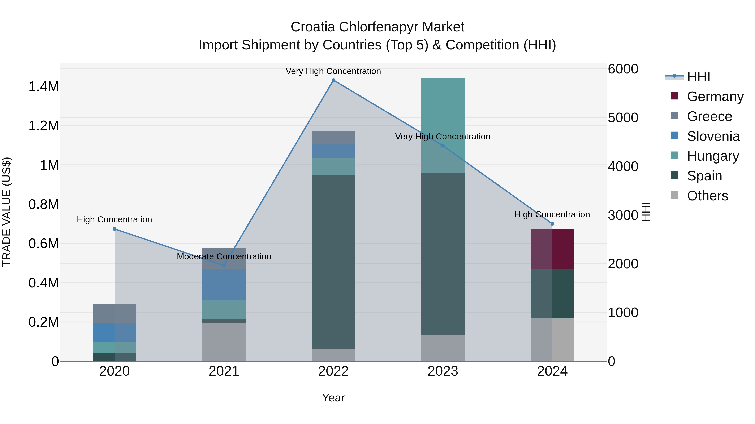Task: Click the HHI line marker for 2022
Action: pyautogui.click(x=333, y=80)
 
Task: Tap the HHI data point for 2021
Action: pyautogui.click(x=224, y=265)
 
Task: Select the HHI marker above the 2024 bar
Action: pyautogui.click(x=552, y=224)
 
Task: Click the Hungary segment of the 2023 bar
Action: pyautogui.click(x=443, y=117)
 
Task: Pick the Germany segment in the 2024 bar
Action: pyautogui.click(x=552, y=249)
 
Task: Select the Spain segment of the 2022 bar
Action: pyautogui.click(x=333, y=262)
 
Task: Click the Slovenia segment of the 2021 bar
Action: pyautogui.click(x=224, y=284)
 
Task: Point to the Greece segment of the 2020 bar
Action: pyautogui.click(x=114, y=314)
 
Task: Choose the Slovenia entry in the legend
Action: pyautogui.click(x=713, y=136)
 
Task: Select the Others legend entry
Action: pyautogui.click(x=707, y=196)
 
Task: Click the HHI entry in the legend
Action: pyautogui.click(x=698, y=77)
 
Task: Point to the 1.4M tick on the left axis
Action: pyautogui.click(x=43, y=87)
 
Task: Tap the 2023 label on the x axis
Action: pyautogui.click(x=443, y=371)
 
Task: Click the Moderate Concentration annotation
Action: pyautogui.click(x=224, y=257)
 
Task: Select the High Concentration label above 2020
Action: pyautogui.click(x=114, y=219)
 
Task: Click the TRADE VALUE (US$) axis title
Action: pyautogui.click(x=7, y=212)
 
